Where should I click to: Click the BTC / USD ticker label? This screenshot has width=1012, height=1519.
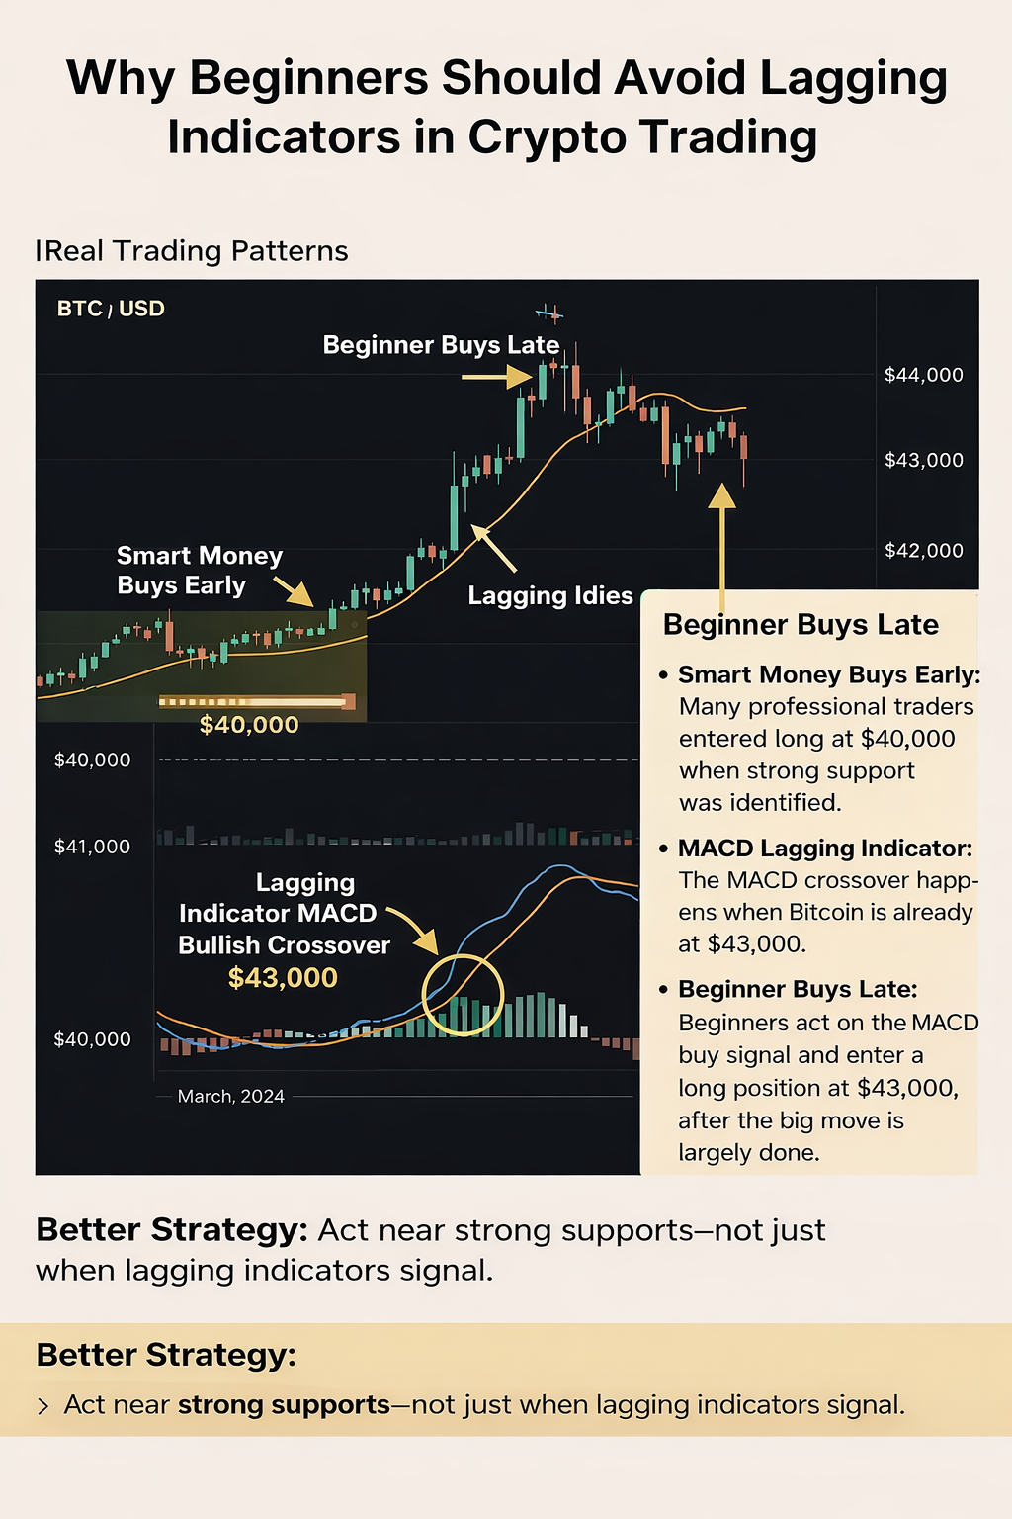(111, 309)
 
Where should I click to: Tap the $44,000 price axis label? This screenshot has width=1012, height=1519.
(923, 375)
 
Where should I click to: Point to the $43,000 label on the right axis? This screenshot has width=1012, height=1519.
(923, 460)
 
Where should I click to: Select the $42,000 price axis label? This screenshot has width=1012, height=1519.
(923, 551)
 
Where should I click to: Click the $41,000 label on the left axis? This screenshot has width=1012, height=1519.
(92, 847)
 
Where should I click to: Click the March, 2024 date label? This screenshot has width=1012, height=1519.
(231, 1096)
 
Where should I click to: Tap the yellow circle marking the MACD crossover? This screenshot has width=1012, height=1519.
(463, 995)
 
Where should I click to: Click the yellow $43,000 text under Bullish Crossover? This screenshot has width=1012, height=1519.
(283, 978)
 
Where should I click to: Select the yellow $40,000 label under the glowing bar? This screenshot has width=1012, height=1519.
(249, 725)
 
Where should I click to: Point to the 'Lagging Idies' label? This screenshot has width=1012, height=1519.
(550, 595)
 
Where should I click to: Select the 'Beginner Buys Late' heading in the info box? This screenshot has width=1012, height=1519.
(801, 625)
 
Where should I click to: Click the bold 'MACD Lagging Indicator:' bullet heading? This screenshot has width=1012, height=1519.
(825, 849)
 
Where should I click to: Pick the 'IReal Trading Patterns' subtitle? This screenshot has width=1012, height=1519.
(192, 251)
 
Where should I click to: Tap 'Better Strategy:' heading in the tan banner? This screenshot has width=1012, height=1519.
(166, 1355)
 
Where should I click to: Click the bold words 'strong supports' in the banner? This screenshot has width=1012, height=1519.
(284, 1405)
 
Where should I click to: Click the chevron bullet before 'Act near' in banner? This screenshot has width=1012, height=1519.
(43, 1406)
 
